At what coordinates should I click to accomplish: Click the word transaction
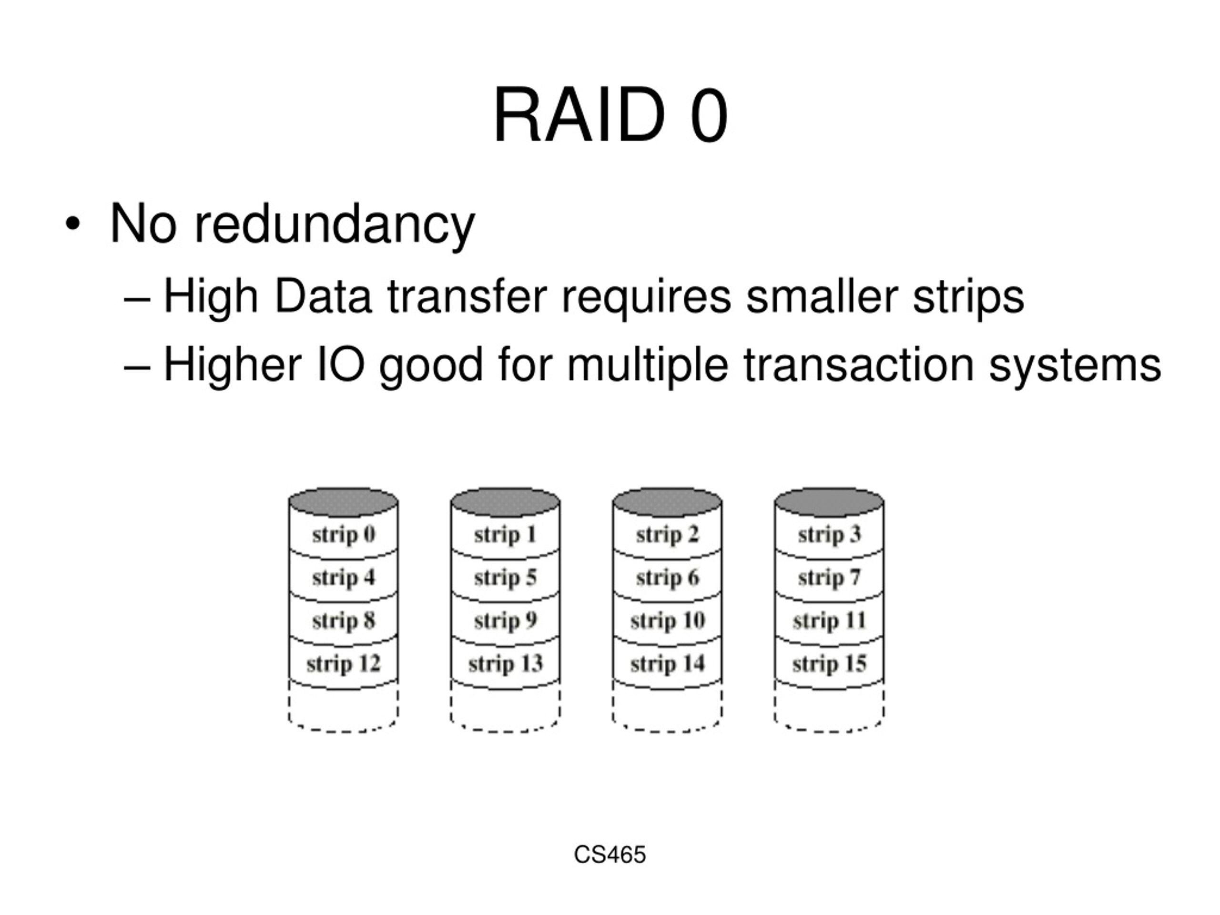coord(859,365)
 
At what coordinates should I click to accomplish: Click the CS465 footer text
coord(610,854)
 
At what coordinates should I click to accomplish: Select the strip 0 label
coord(344,534)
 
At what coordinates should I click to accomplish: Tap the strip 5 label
coord(505,578)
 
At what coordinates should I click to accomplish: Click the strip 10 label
coord(667,620)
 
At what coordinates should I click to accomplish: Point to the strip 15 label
coord(829,663)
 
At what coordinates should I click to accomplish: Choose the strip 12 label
coord(344,663)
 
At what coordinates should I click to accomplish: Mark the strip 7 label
coord(829,578)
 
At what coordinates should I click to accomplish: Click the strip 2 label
coord(667,534)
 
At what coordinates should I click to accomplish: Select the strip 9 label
coord(505,620)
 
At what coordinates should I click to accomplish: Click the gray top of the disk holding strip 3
coord(829,502)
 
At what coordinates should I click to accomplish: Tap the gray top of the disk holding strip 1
coord(505,502)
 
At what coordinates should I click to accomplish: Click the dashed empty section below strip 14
coord(667,708)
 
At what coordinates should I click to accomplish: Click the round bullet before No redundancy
coord(73,224)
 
